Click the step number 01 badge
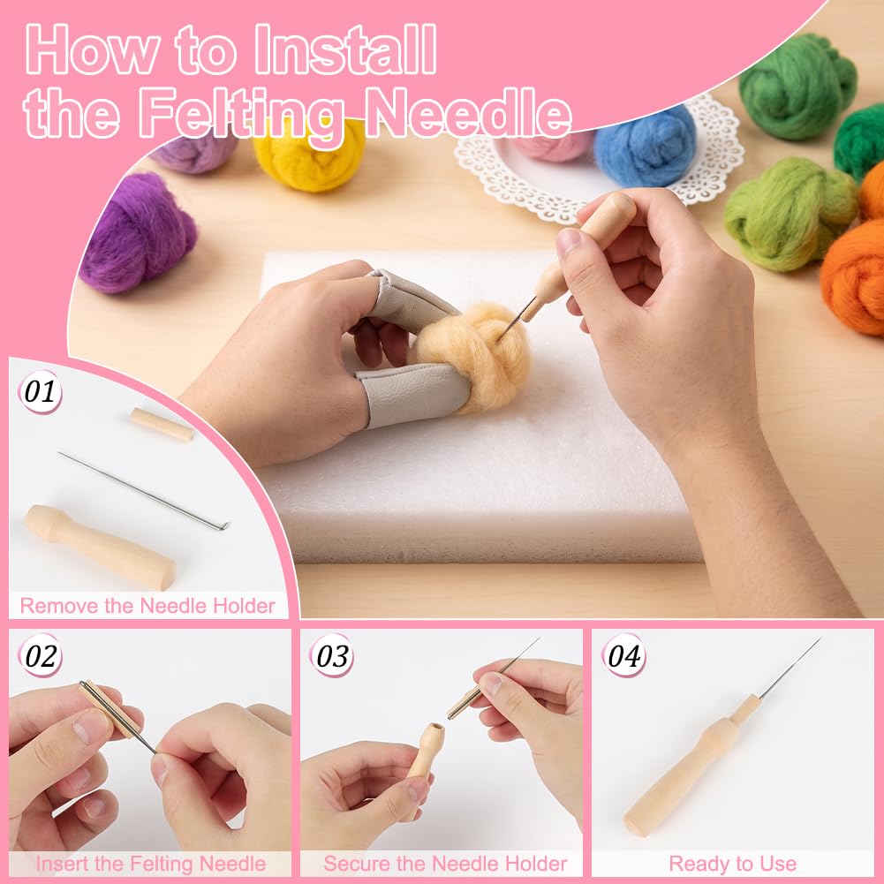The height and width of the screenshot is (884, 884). [40, 392]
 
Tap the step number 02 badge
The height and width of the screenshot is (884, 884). [40, 655]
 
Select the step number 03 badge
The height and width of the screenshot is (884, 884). [332, 655]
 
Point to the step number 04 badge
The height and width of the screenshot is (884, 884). [623, 655]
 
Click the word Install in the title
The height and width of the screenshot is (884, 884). [345, 49]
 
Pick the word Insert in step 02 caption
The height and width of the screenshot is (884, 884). [63, 864]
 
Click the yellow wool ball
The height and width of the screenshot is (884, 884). [308, 159]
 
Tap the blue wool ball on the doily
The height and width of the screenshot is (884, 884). [645, 147]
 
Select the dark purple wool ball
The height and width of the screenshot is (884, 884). [137, 232]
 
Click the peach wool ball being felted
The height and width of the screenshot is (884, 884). [476, 355]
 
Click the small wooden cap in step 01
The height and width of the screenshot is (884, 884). [162, 425]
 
